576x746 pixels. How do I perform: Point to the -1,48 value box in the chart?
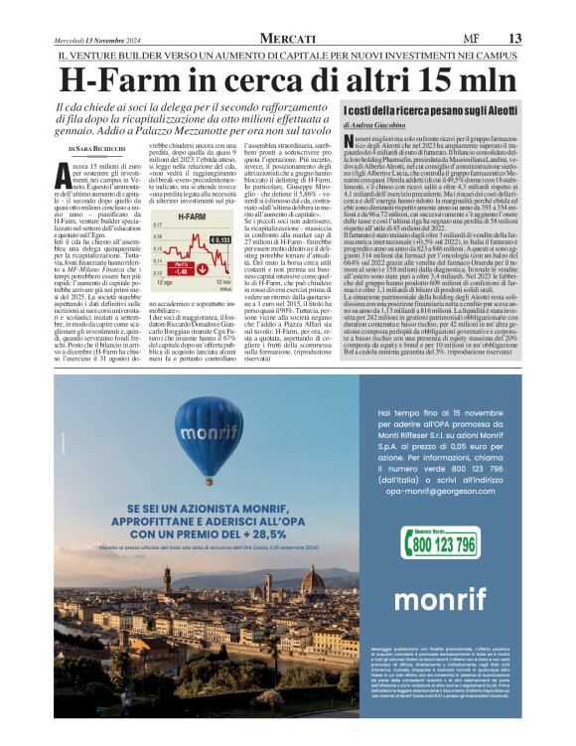pyautogui.click(x=181, y=269)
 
